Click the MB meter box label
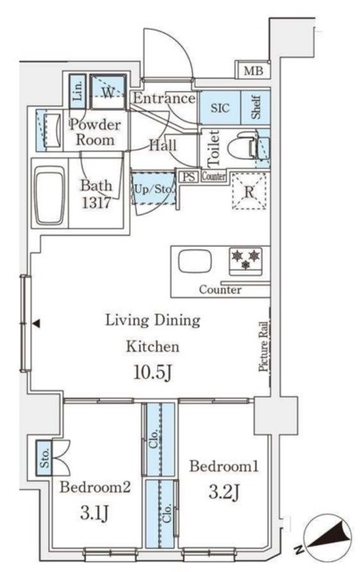point(254,71)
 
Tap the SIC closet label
point(220,108)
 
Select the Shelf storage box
point(255,107)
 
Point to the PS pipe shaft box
point(188,177)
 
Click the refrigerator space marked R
point(249,191)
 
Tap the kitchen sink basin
point(195,261)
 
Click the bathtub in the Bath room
point(50,195)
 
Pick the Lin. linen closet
point(78,91)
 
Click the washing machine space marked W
point(108,92)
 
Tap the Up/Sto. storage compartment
point(154,189)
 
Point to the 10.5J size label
point(153,372)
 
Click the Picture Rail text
point(264,347)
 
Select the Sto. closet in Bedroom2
point(45,458)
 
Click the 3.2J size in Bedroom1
point(224,492)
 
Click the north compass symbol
point(324,537)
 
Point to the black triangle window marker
point(36,324)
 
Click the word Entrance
point(164,98)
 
